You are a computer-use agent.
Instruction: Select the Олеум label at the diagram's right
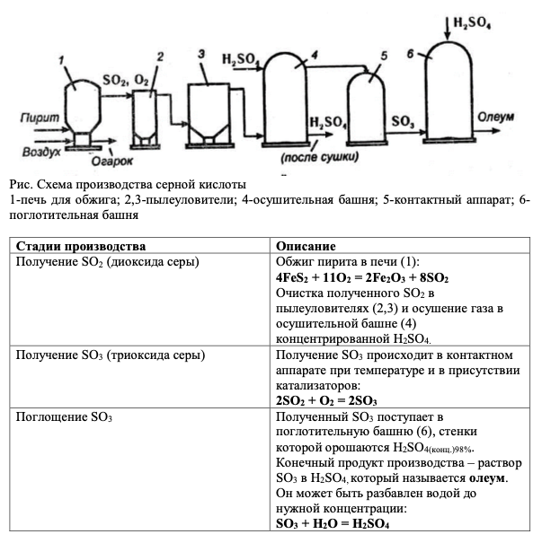pyautogui.click(x=496, y=116)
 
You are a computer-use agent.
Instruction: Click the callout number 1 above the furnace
pyautogui.click(x=61, y=60)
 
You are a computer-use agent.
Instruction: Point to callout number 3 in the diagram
pyautogui.click(x=202, y=54)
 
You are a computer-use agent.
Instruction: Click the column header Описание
pyautogui.click(x=307, y=245)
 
